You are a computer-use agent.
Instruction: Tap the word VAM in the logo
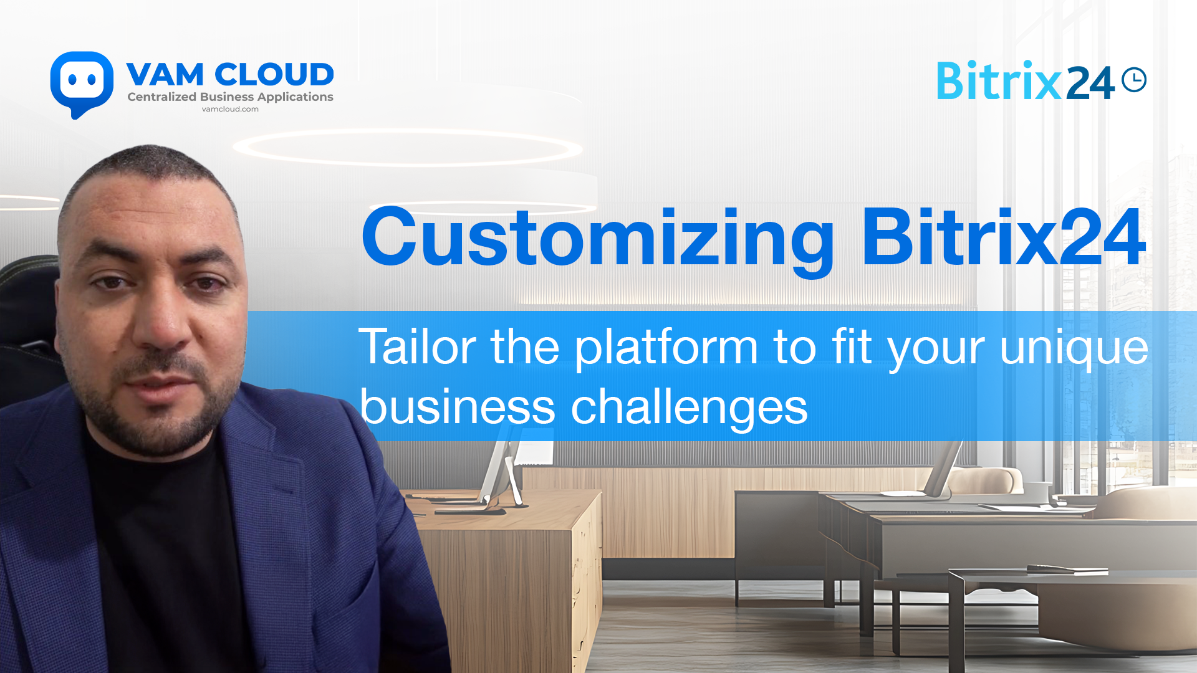point(165,75)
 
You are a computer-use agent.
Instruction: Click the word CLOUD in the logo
point(274,75)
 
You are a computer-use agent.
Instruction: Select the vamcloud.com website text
point(230,109)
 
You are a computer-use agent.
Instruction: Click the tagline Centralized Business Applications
point(230,97)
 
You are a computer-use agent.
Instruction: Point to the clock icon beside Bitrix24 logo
point(1134,80)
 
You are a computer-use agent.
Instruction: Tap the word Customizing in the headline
point(598,240)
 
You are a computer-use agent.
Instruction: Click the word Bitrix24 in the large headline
point(1004,237)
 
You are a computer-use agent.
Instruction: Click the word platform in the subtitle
point(666,349)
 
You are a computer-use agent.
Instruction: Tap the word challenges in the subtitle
point(690,408)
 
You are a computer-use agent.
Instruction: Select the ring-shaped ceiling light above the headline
point(408,148)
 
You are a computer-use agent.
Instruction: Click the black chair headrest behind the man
point(28,299)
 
